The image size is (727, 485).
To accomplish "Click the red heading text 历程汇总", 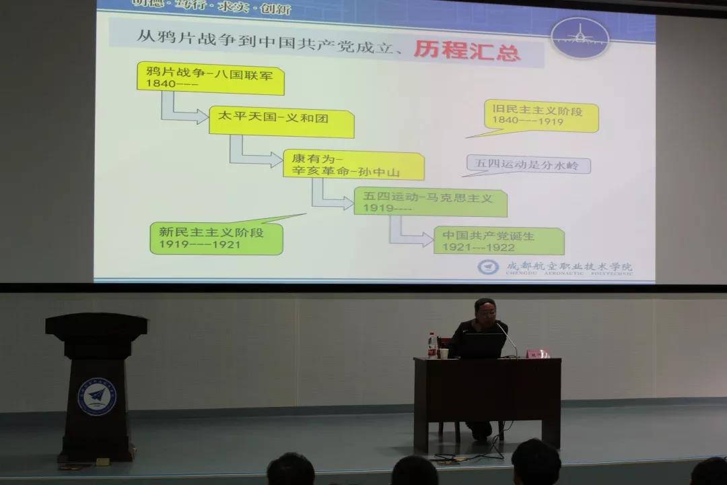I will [x=468, y=51].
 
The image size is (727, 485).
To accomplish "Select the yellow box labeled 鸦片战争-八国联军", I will [x=210, y=78].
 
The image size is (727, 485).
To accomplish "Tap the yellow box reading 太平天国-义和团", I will [x=281, y=122].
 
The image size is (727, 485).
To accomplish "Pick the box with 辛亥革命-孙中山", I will [x=353, y=166].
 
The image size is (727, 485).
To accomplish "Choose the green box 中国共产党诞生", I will [x=499, y=241].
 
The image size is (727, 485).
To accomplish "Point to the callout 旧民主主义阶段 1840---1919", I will [x=541, y=115].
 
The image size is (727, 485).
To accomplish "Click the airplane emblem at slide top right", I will [x=580, y=38].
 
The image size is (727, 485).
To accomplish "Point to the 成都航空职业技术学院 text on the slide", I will [x=569, y=267].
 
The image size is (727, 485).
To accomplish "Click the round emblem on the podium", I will [x=96, y=396].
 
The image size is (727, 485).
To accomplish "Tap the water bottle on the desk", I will [x=431, y=345].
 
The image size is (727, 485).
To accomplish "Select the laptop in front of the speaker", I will [x=481, y=346].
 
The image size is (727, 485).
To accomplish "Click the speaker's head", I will [x=485, y=311].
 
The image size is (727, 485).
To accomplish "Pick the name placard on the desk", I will [x=537, y=354].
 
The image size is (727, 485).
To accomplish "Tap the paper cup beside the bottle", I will [x=444, y=352].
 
